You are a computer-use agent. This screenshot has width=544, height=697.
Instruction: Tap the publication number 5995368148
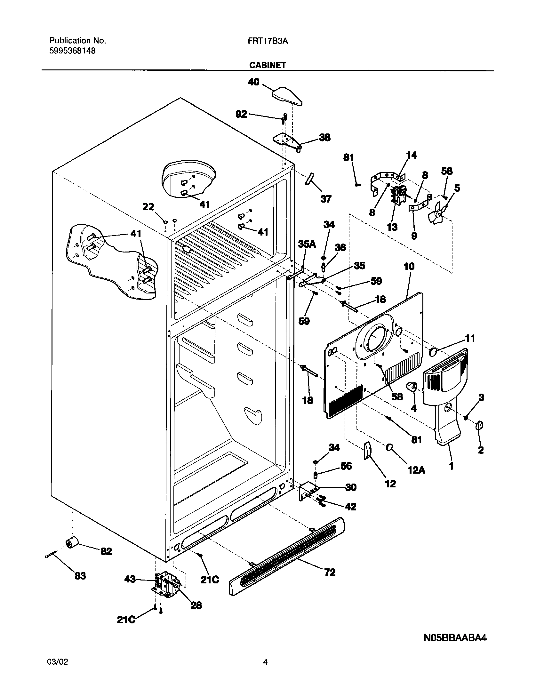(x=72, y=51)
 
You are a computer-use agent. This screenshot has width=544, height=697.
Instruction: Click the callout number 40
(x=254, y=82)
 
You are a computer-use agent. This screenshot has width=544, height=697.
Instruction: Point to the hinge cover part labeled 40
(x=287, y=96)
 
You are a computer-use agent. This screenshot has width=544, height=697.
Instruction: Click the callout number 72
(x=330, y=572)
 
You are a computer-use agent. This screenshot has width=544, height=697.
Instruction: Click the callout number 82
(x=106, y=551)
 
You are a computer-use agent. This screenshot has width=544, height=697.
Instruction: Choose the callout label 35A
(x=307, y=244)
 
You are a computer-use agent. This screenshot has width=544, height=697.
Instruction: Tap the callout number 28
(x=196, y=605)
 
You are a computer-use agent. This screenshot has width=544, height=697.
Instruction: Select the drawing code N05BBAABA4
(x=455, y=635)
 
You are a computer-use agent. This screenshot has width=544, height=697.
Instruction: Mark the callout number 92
(x=241, y=114)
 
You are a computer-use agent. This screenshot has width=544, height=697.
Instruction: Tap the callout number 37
(x=326, y=199)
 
